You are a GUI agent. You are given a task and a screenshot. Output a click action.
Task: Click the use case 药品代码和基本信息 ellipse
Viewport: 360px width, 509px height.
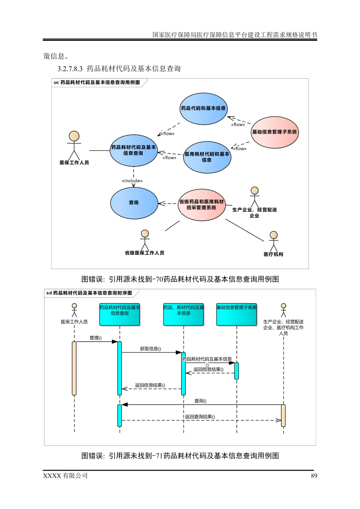tap(203, 108)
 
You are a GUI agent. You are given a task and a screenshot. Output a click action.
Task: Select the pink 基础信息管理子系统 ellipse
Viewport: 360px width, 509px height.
tap(275, 132)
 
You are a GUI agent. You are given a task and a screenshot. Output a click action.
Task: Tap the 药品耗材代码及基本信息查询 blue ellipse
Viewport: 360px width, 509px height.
tap(134, 150)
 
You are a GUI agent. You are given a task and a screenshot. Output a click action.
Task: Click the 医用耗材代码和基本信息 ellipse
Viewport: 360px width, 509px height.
tap(207, 157)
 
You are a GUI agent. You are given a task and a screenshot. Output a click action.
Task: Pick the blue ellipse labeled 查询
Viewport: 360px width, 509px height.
tap(134, 203)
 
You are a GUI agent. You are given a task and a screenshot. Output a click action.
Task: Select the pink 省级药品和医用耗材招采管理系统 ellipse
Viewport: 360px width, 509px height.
tap(202, 205)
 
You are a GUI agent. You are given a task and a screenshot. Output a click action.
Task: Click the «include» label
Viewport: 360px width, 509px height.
tap(132, 181)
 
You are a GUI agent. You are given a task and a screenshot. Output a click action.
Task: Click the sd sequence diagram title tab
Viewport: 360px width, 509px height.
tap(90, 293)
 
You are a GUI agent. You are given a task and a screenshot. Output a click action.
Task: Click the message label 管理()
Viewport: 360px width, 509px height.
tap(96, 338)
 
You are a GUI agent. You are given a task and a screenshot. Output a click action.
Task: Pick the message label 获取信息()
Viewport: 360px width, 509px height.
tap(150, 349)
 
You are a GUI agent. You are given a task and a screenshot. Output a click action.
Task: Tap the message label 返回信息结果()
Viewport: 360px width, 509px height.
tap(150, 385)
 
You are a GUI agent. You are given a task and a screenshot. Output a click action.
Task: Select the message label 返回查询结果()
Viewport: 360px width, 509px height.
tap(200, 417)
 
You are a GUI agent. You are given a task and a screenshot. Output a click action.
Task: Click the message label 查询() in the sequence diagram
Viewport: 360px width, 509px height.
tap(201, 401)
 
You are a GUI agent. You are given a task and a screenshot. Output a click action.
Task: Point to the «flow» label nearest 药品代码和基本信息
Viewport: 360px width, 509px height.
tap(238, 124)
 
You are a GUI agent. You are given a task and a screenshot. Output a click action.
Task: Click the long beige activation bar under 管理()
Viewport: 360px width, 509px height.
tap(75, 368)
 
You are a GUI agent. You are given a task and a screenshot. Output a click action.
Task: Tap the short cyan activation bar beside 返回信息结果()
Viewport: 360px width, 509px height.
tap(236, 371)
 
